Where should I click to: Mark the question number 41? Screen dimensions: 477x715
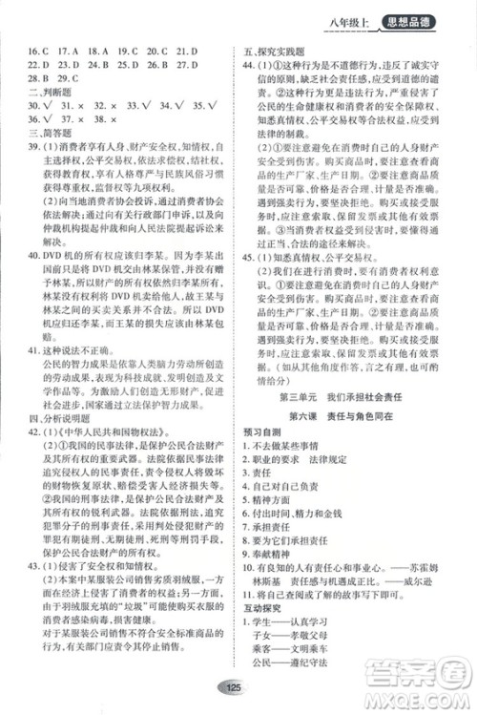pos(31,351)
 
